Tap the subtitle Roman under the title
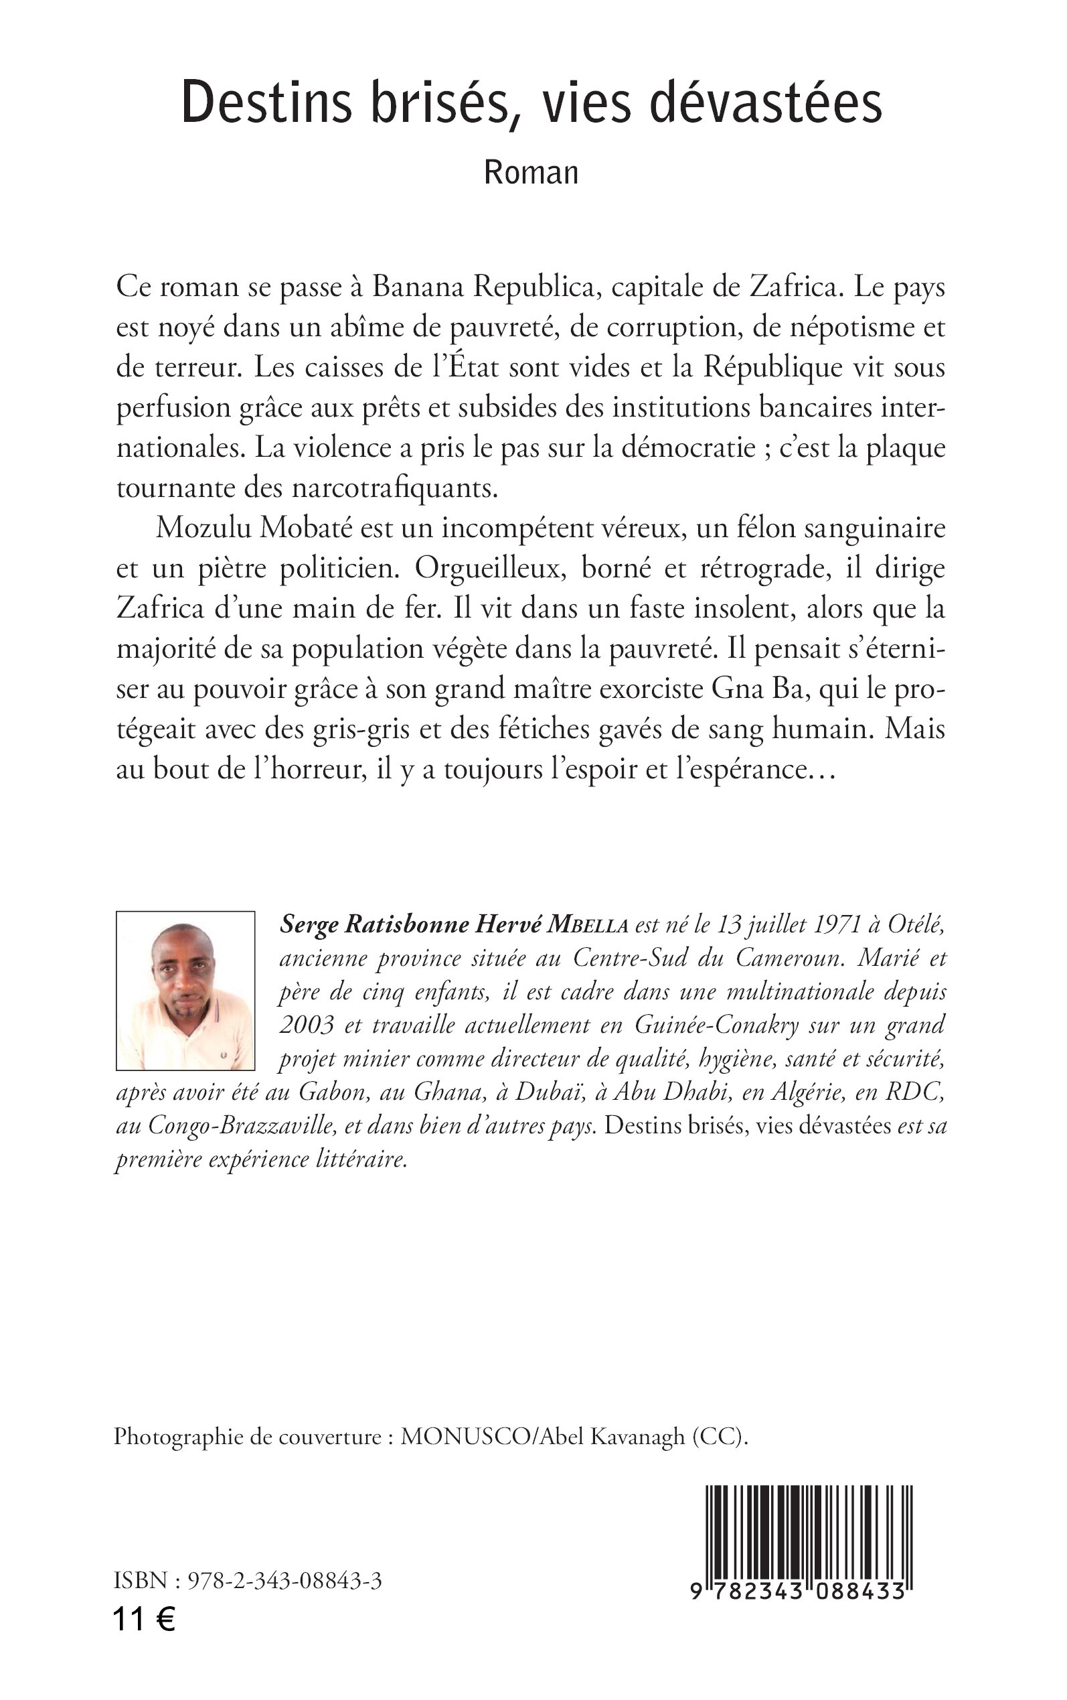531,173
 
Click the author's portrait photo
185,991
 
